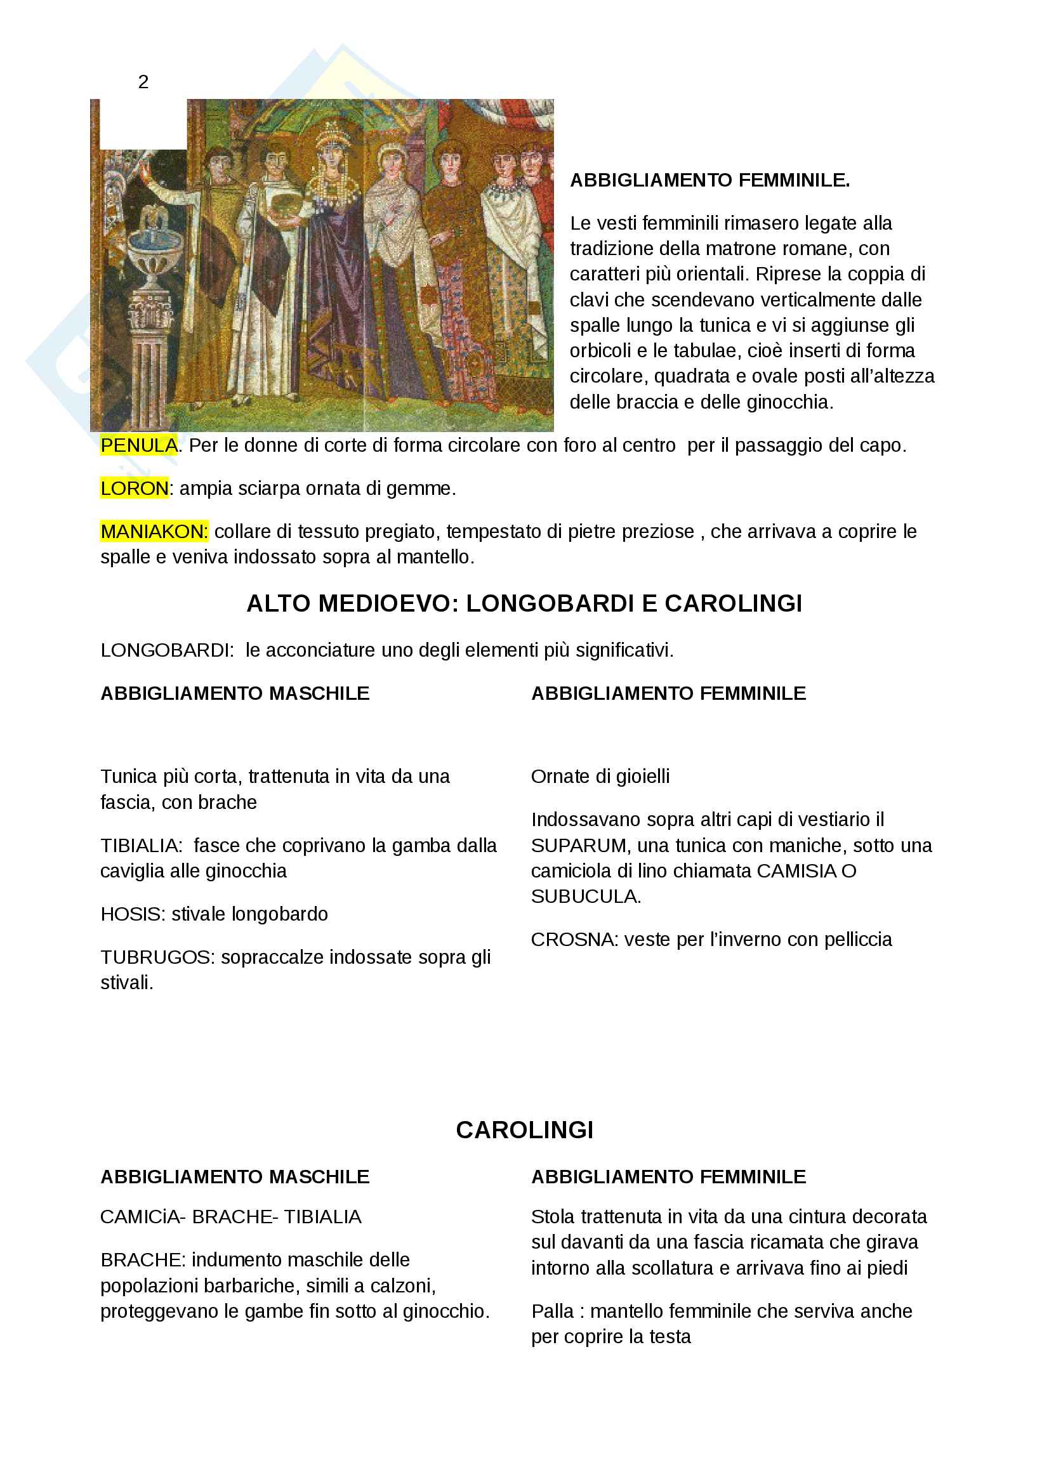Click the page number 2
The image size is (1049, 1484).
[x=143, y=82]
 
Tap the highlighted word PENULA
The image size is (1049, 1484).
[x=139, y=445]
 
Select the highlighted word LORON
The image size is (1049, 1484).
[x=135, y=489]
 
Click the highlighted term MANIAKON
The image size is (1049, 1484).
[x=154, y=531]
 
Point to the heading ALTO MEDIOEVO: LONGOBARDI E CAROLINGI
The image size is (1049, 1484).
[x=524, y=603]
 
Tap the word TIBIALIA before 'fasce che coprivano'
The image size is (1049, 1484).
[x=140, y=845]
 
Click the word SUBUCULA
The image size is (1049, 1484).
[x=585, y=896]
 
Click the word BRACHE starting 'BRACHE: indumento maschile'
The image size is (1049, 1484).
[x=143, y=1260]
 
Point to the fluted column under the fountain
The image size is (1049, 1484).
[x=150, y=362]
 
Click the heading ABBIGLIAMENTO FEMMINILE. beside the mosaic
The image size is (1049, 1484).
[x=709, y=180]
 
